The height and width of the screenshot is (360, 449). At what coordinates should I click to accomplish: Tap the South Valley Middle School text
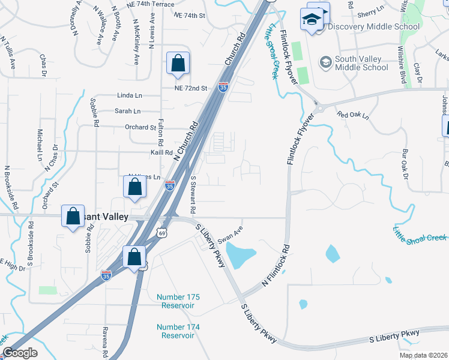tap(361, 63)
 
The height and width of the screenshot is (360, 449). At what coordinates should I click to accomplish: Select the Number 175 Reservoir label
tap(178, 301)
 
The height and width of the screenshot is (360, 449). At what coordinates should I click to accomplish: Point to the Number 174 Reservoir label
tap(178, 331)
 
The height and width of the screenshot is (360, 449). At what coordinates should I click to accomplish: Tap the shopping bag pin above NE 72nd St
tap(178, 63)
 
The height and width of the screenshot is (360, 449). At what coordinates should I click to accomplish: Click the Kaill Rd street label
tap(145, 153)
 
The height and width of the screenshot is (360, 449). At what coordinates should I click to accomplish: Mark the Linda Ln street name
tap(130, 95)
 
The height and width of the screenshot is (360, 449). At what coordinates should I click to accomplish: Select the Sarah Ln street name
tap(127, 111)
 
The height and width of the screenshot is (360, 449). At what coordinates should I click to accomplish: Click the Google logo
tap(20, 353)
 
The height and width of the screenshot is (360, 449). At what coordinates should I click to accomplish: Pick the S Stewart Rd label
tap(193, 196)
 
